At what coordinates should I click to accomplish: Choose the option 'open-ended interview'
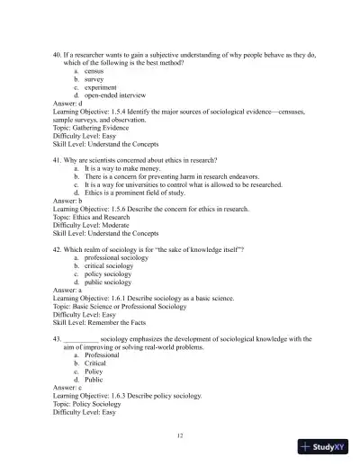(x=117, y=94)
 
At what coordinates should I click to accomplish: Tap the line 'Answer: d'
(x=70, y=103)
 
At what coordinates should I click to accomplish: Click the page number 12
(x=180, y=435)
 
